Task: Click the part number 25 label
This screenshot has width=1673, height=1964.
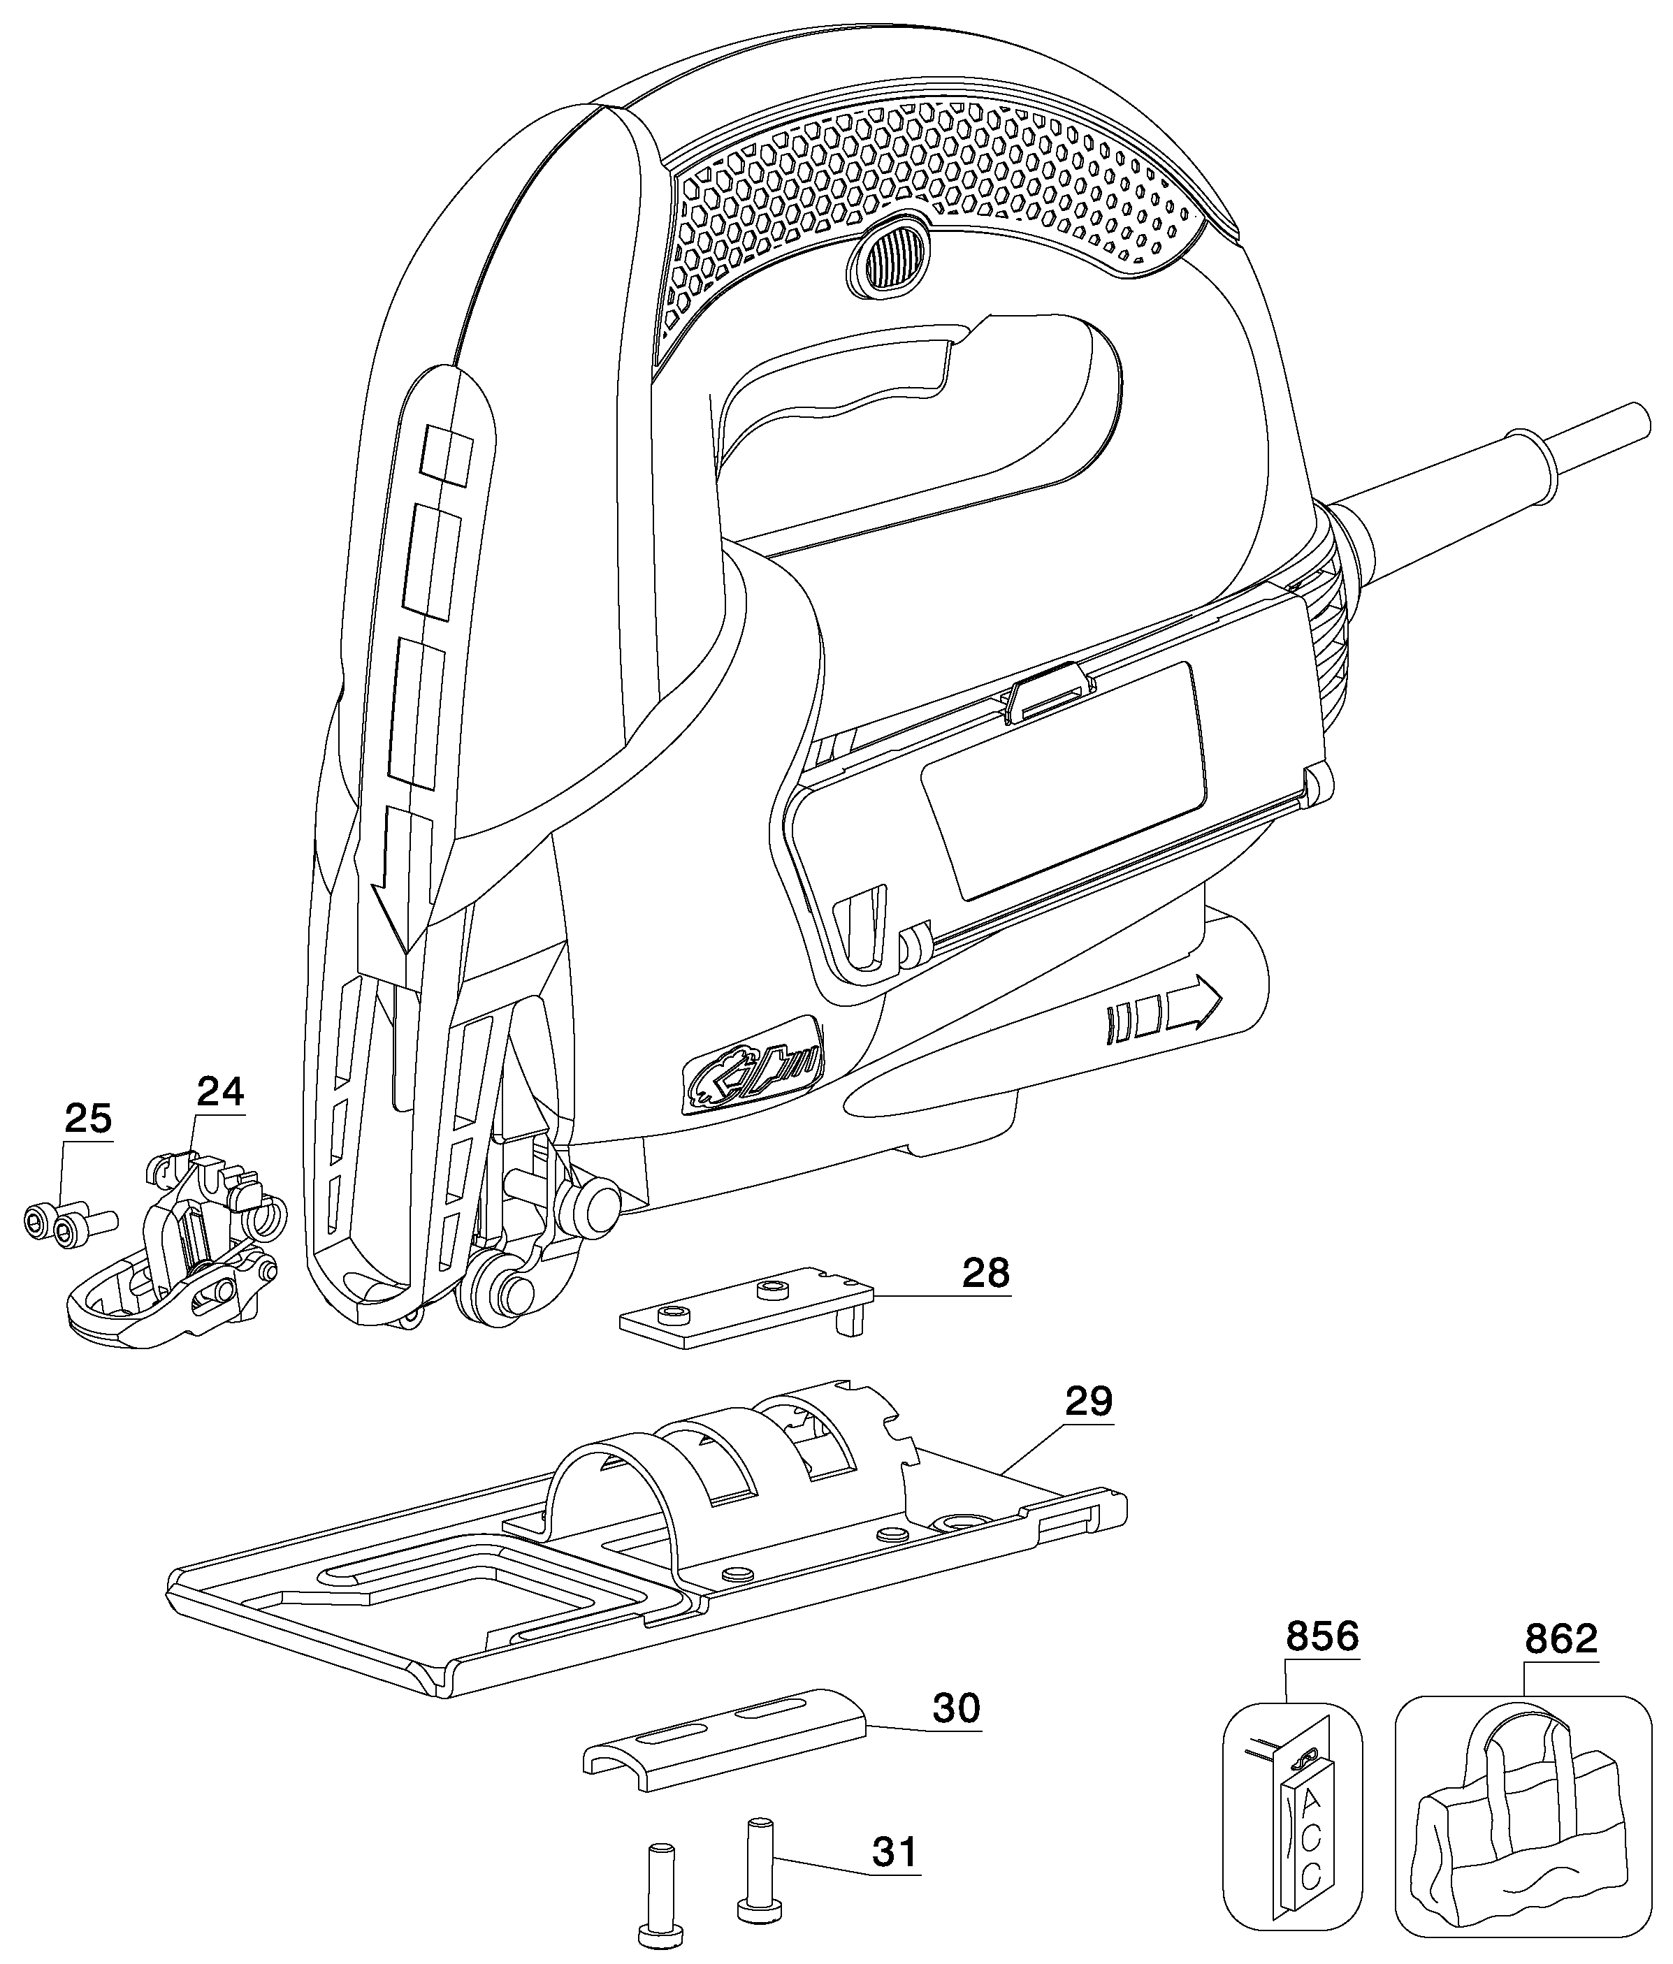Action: pos(88,1119)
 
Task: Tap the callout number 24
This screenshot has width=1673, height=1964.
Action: pos(221,1092)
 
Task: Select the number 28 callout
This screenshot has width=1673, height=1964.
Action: pos(986,1273)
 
